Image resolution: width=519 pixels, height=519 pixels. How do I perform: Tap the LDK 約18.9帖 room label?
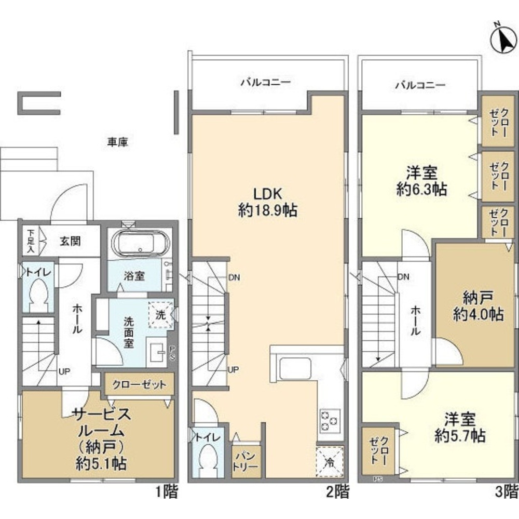(267, 202)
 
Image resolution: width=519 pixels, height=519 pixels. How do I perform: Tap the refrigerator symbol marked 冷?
(329, 460)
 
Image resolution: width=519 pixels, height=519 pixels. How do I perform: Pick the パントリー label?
(244, 460)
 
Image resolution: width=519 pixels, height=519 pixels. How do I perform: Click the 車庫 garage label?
(117, 141)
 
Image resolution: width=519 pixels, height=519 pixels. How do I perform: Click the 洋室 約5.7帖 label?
(459, 427)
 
